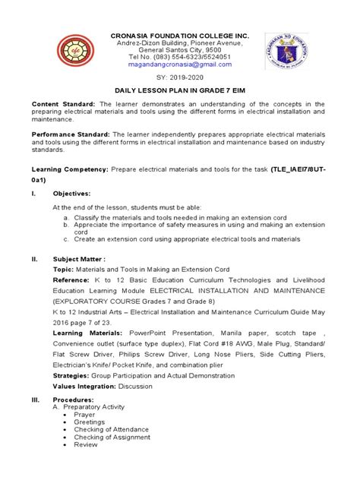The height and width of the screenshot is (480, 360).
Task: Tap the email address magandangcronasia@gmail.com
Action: (x=179, y=65)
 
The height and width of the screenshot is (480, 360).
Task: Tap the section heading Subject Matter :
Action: (x=79, y=258)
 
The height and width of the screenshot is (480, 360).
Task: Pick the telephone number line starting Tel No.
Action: (x=179, y=58)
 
